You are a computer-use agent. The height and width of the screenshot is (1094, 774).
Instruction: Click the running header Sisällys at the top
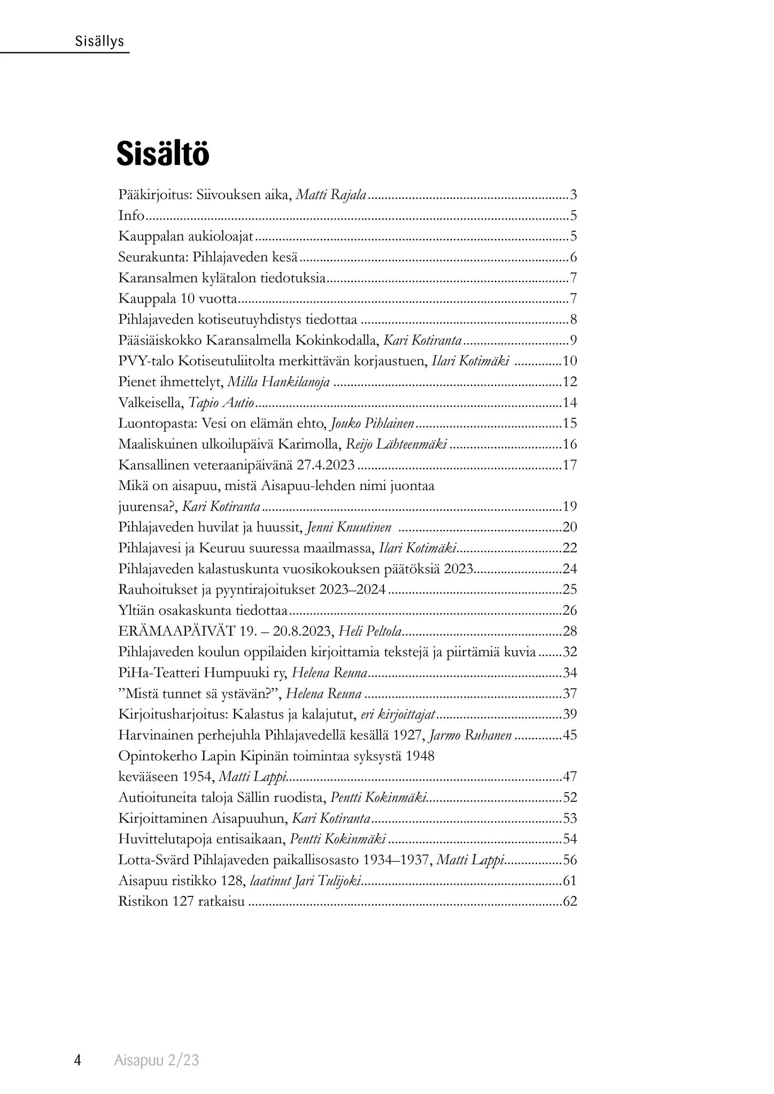point(99,41)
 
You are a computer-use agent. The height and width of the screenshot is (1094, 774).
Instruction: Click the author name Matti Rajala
point(331,195)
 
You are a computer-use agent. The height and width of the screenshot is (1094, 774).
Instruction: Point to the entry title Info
point(131,216)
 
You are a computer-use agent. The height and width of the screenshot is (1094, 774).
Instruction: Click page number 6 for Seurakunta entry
point(573,257)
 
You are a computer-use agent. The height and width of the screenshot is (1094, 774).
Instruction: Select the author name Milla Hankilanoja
point(278,382)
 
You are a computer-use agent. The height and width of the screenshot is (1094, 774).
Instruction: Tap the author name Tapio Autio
point(221,403)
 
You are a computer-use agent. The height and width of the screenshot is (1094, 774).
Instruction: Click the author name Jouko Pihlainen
point(373,424)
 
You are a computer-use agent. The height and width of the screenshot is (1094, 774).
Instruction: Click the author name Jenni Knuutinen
point(349,527)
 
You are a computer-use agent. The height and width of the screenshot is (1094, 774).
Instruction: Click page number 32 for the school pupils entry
point(570,652)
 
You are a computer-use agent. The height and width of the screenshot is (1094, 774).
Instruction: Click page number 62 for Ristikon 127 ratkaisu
point(570,901)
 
